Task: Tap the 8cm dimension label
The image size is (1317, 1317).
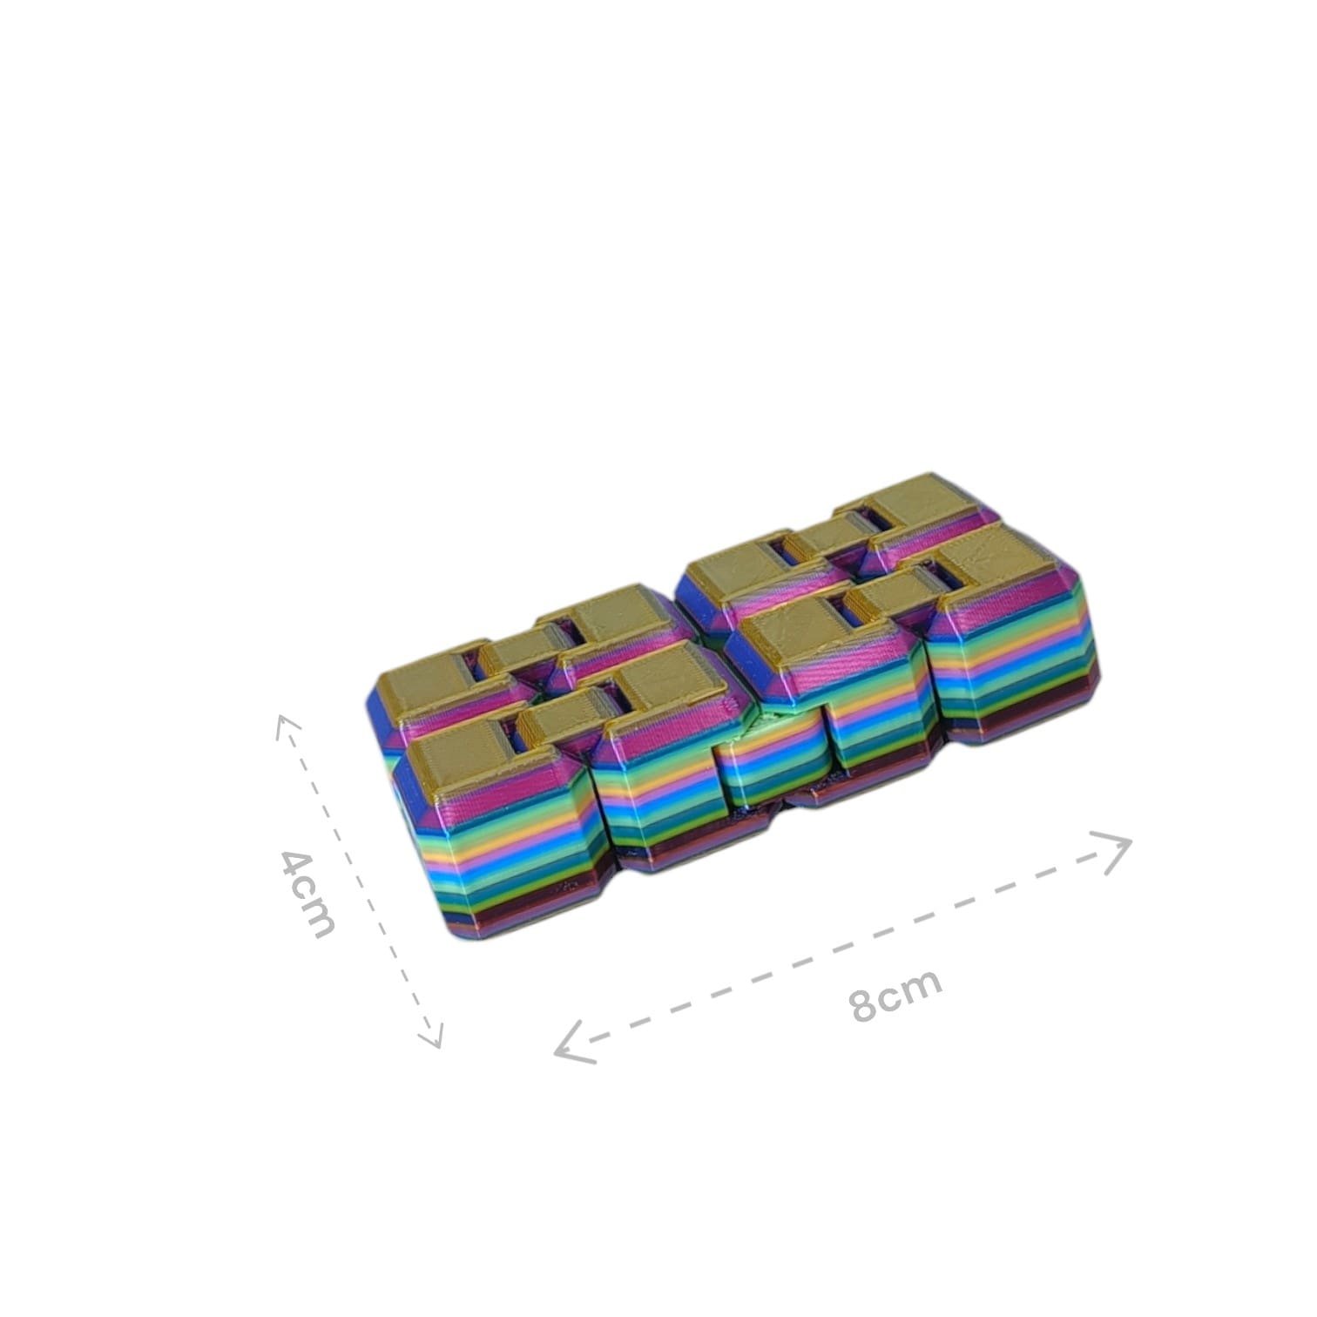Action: [x=897, y=994]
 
